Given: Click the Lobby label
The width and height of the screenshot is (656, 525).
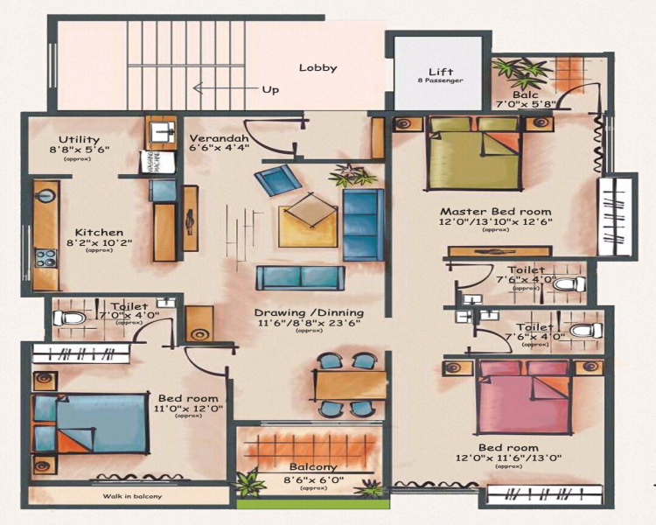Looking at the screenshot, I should (x=318, y=68).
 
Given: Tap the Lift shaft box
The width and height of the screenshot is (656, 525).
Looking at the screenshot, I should (x=439, y=73).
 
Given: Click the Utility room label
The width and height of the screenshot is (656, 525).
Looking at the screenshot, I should (x=79, y=140).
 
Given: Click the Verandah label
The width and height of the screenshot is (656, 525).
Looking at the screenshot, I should (x=219, y=139).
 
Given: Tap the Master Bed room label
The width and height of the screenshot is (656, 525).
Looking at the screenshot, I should (x=495, y=212).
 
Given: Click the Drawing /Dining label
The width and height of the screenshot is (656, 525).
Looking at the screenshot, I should (x=309, y=312).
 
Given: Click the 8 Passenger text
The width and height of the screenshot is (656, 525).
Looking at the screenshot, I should (x=439, y=80).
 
